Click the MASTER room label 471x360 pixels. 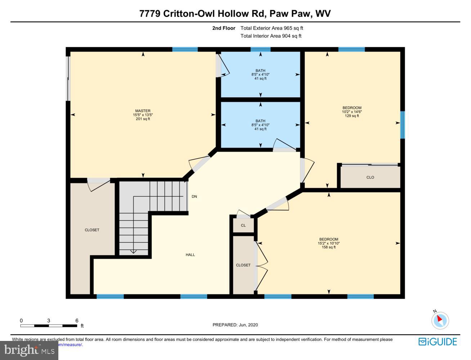pyautogui.click(x=143, y=111)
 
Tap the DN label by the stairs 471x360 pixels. pyautogui.click(x=194, y=197)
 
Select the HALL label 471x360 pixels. pyautogui.click(x=190, y=255)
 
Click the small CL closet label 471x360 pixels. pyautogui.click(x=243, y=225)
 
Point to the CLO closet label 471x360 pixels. pyautogui.click(x=370, y=177)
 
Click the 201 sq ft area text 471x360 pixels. pyautogui.click(x=143, y=119)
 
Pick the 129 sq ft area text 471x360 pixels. pyautogui.click(x=352, y=116)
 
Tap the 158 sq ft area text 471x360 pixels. pyautogui.click(x=329, y=247)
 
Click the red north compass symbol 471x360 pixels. pyautogui.click(x=440, y=320)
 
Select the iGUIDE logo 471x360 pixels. pyautogui.click(x=438, y=342)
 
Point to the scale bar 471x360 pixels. pyautogui.click(x=49, y=326)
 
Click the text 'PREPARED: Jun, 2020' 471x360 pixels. pyautogui.click(x=235, y=325)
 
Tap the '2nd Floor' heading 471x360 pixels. pyautogui.click(x=224, y=28)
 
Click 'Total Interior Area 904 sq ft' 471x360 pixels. pyautogui.click(x=271, y=36)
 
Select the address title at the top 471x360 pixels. pyautogui.click(x=235, y=14)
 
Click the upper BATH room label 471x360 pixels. pyautogui.click(x=260, y=71)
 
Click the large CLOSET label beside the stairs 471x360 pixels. pyautogui.click(x=92, y=230)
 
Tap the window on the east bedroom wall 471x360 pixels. pyautogui.click(x=403, y=125)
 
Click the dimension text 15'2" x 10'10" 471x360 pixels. pyautogui.click(x=329, y=243)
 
